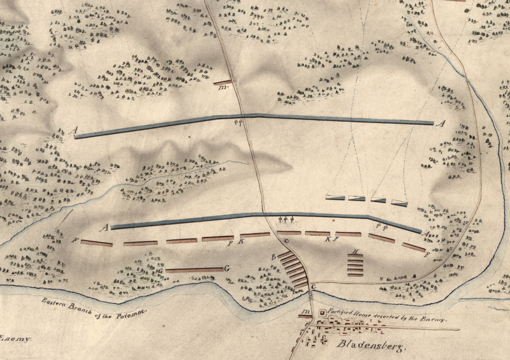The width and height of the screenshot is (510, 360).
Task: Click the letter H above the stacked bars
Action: (x=355, y=251)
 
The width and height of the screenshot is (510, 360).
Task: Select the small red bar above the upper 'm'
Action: (x=222, y=83)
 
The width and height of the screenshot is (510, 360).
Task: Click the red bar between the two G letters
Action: (x=194, y=270)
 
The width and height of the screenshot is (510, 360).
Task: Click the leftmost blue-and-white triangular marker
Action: (x=335, y=197)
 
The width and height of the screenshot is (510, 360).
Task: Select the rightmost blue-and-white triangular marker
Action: (x=400, y=203)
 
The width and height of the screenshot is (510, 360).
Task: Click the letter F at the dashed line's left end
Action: (x=75, y=241)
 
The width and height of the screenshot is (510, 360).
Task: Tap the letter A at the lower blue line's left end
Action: (x=106, y=226)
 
